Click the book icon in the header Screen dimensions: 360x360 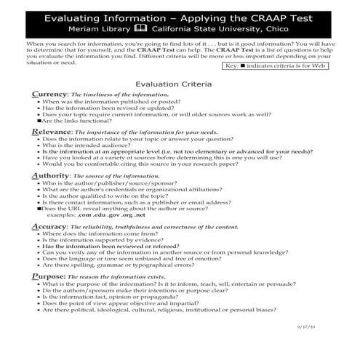pyautogui.click(x=139, y=29)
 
